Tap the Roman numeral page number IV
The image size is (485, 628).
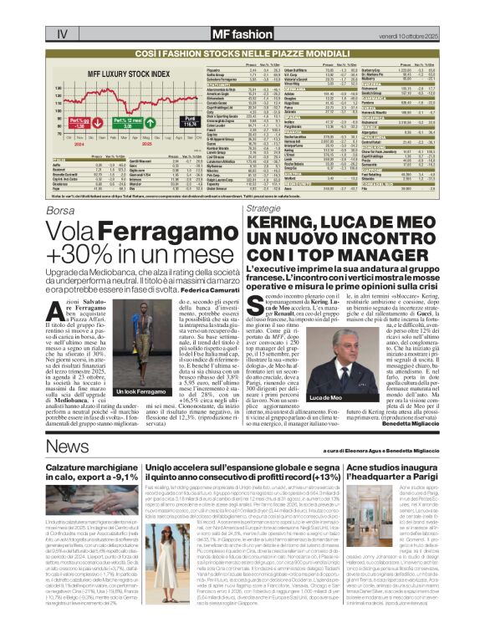click(x=63, y=34)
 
